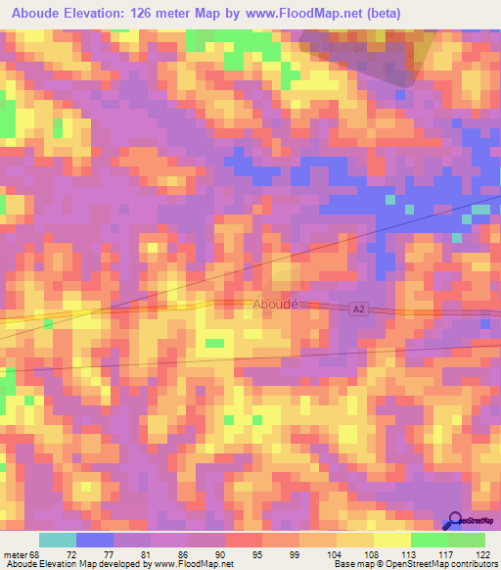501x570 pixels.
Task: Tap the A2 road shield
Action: click(360, 309)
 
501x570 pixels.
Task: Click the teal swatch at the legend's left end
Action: click(58, 540)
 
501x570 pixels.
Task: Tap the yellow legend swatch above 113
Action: click(392, 540)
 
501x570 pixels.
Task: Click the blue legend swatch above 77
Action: click(95, 540)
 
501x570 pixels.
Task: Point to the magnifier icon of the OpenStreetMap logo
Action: click(453, 519)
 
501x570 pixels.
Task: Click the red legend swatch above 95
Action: click(244, 540)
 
